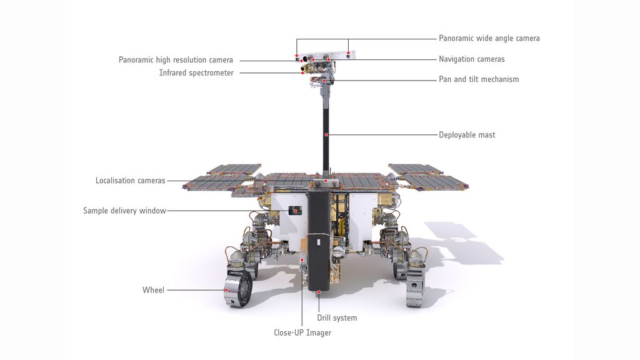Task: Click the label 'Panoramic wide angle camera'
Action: (489, 38)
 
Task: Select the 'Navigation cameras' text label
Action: (471, 59)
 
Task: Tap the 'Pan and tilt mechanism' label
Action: (479, 79)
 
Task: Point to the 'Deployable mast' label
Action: (467, 135)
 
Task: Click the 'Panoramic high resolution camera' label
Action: (176, 60)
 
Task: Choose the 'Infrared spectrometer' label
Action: (196, 73)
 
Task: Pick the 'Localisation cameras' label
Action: (130, 181)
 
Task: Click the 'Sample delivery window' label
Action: (124, 211)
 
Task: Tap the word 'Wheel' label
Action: (153, 290)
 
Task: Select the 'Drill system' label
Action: (337, 318)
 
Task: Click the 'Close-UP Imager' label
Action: (302, 333)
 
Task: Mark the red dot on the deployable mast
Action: (326, 135)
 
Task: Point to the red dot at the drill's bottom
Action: (319, 291)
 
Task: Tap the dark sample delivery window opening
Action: (295, 211)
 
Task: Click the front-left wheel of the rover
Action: (237, 288)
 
